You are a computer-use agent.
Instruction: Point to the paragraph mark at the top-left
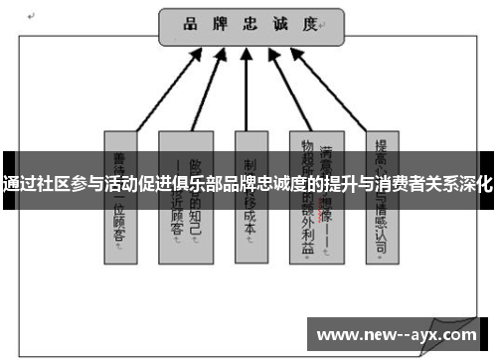coord(33,17)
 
